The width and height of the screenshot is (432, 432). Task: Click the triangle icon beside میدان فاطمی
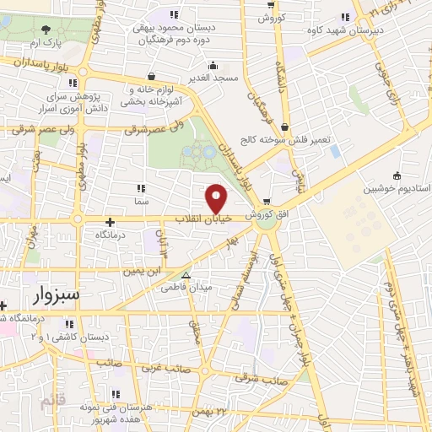click(186, 275)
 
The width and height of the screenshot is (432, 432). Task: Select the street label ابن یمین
click(141, 272)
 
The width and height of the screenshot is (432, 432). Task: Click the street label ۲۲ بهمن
click(211, 411)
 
